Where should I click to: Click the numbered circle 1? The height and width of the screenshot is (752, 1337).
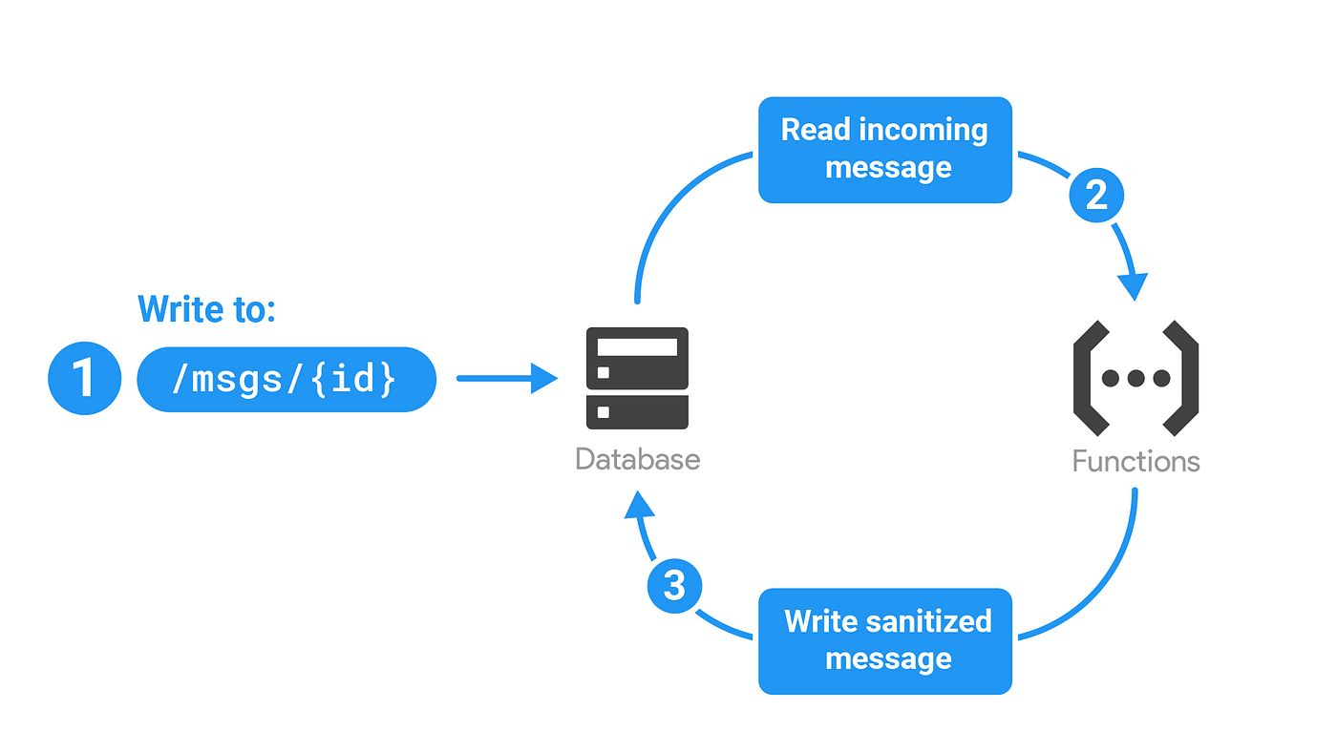tap(84, 378)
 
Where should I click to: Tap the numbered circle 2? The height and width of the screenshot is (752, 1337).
tap(1095, 196)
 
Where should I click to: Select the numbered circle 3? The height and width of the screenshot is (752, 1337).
tap(674, 585)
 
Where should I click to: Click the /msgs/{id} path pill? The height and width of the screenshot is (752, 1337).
tap(286, 379)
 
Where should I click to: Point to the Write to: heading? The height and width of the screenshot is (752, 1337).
tap(206, 309)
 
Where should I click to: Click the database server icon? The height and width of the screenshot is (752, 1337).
tap(637, 378)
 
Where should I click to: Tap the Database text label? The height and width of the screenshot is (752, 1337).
tap(637, 459)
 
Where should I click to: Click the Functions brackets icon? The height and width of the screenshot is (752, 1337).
tap(1135, 378)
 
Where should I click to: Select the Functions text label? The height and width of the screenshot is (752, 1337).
tap(1135, 462)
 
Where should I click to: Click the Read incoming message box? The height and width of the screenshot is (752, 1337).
tap(884, 150)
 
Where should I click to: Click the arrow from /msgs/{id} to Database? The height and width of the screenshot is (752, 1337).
tap(506, 378)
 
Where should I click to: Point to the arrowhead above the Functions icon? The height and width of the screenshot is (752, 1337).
tap(1134, 285)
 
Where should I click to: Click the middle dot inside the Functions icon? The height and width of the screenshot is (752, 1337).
tap(1135, 378)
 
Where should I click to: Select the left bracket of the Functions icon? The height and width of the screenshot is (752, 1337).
tap(1091, 378)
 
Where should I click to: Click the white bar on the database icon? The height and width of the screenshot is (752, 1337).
tap(637, 346)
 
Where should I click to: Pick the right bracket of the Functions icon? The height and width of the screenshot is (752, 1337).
tap(1181, 378)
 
